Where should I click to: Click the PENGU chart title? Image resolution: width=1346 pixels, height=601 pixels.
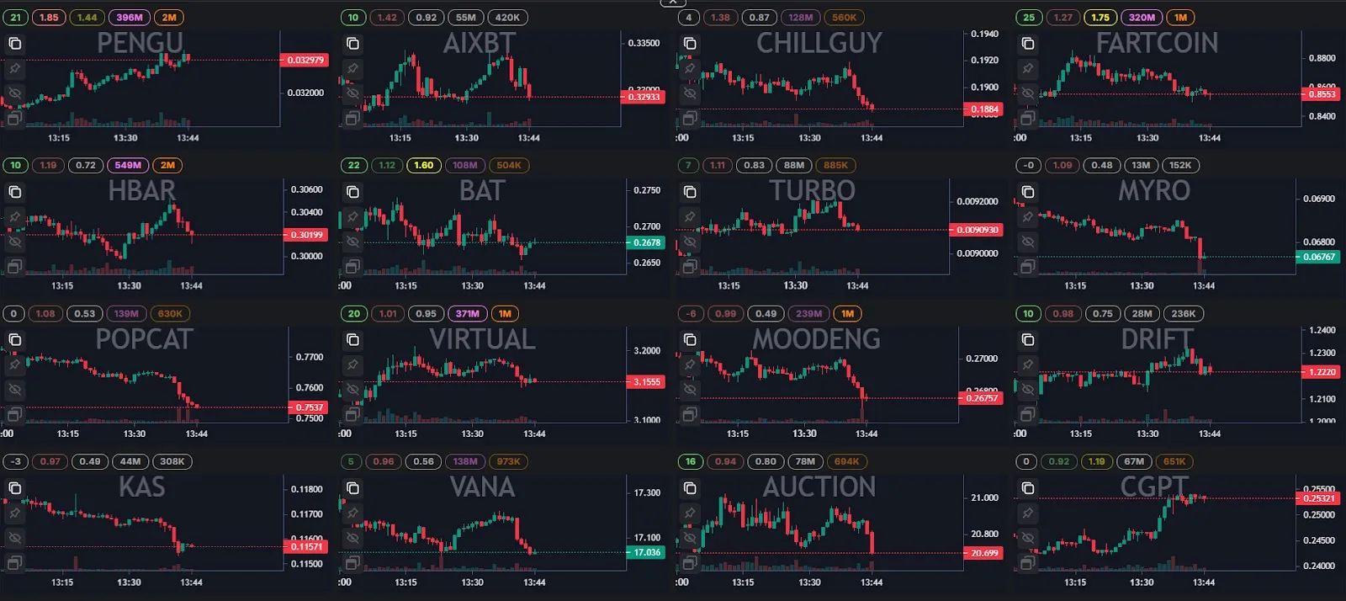click(140, 43)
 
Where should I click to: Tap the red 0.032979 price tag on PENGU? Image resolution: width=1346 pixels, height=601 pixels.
click(305, 60)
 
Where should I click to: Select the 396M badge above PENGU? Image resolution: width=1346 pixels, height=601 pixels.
click(129, 17)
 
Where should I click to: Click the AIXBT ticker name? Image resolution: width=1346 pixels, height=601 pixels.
click(479, 43)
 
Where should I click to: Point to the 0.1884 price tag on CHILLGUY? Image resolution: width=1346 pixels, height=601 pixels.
click(984, 109)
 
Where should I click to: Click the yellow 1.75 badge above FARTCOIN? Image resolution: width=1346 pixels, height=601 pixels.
click(1100, 17)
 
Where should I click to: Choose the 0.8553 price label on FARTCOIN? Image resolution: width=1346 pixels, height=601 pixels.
click(1322, 94)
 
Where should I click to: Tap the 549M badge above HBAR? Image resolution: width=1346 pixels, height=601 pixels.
click(128, 165)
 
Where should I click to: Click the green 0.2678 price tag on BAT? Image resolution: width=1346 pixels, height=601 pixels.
click(646, 242)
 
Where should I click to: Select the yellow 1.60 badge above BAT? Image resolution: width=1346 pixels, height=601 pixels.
click(423, 165)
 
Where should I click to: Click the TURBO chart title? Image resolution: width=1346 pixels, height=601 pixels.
click(812, 191)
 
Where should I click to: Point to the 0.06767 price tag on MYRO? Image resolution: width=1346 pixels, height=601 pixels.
click(1319, 257)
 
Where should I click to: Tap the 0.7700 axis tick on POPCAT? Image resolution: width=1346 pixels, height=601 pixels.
click(310, 357)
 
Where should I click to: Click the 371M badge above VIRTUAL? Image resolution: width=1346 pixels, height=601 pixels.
click(467, 313)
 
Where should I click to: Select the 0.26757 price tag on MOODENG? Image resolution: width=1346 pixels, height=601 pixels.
click(982, 398)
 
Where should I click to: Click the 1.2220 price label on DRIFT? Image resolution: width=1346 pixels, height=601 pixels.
click(1322, 371)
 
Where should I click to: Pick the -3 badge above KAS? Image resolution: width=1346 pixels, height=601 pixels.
click(16, 461)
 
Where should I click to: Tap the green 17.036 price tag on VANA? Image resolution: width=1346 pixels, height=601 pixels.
click(646, 552)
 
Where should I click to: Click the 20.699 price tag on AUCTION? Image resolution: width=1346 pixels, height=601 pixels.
click(984, 553)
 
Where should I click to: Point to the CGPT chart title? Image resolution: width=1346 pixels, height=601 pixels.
click(1154, 487)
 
